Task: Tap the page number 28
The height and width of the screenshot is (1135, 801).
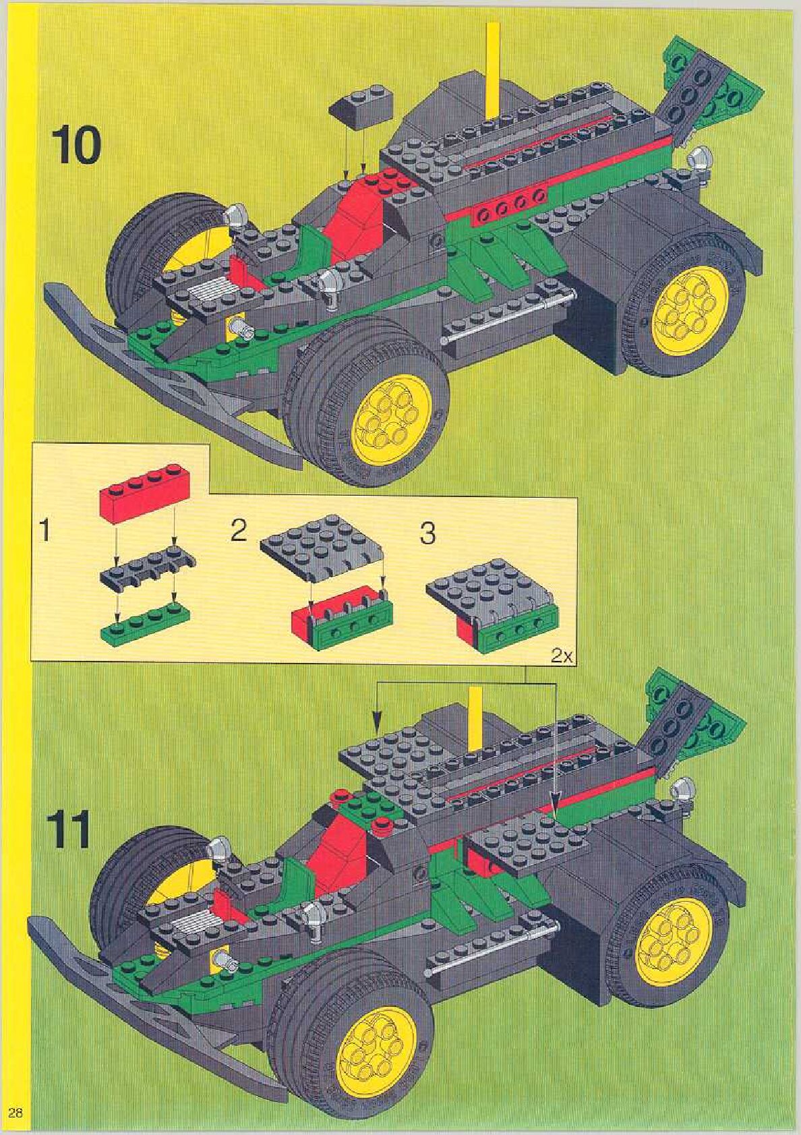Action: [16, 1112]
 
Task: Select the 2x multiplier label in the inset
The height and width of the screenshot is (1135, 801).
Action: [561, 655]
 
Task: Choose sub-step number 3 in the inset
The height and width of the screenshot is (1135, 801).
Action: [427, 533]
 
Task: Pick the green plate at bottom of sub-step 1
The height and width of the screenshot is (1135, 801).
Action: [145, 624]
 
